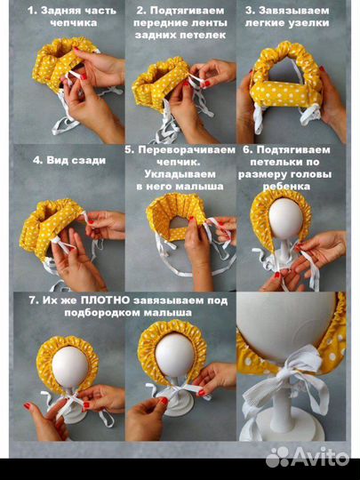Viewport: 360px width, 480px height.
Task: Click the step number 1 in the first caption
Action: point(31,11)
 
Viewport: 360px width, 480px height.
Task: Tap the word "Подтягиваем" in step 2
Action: point(187,11)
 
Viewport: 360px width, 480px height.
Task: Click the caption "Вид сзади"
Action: point(76,160)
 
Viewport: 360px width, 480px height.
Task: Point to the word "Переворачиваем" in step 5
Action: point(187,150)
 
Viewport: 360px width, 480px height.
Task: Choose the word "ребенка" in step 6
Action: point(286,187)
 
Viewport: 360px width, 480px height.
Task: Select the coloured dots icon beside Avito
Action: point(278,457)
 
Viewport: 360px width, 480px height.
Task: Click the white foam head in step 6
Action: point(286,219)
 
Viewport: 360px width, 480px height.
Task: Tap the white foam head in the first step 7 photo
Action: point(70,367)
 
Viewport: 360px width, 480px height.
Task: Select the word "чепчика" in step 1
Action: point(74,23)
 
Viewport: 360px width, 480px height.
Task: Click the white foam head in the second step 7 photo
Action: point(175,355)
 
